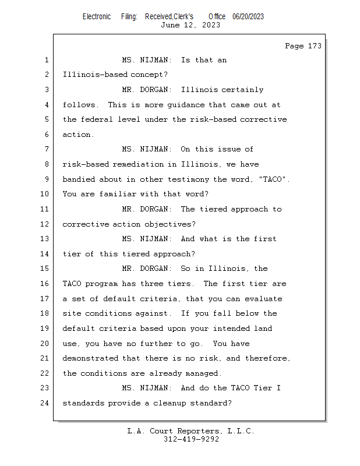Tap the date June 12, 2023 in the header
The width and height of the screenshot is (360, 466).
pos(190,24)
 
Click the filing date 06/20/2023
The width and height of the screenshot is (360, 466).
pos(248,16)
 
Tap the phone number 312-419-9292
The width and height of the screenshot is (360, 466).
pos(191,439)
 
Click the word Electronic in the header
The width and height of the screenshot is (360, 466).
pos(97,16)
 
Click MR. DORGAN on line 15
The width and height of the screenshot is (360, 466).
pos(146,269)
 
